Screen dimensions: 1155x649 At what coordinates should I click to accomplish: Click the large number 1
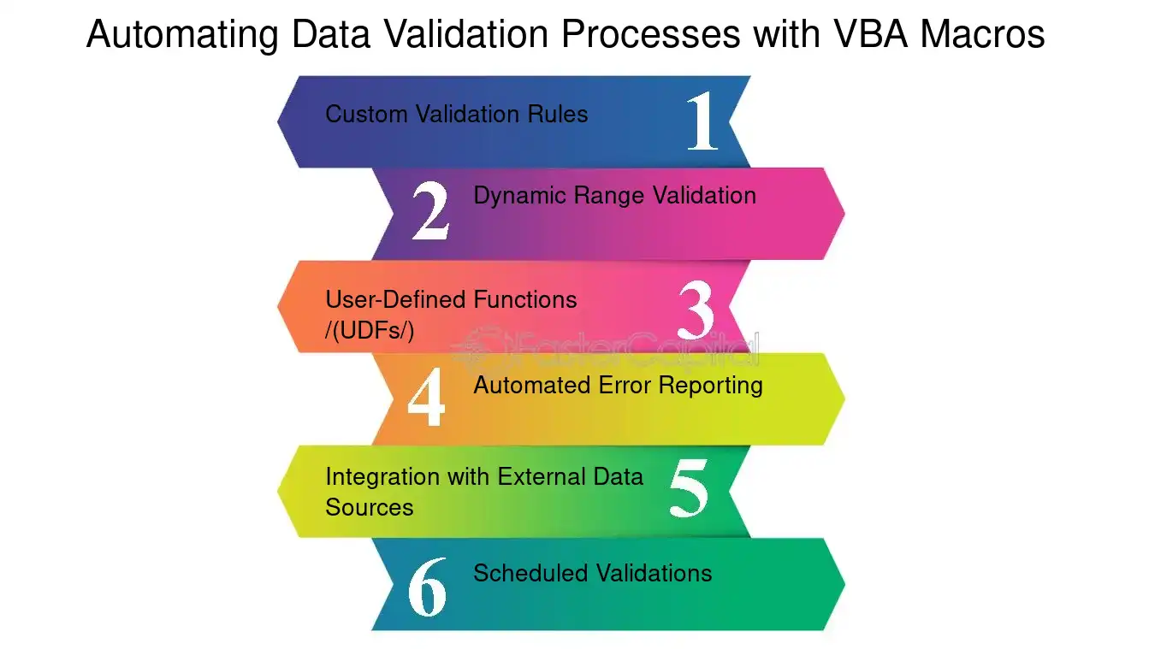(x=703, y=121)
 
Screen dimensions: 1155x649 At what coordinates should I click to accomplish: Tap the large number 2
(x=431, y=210)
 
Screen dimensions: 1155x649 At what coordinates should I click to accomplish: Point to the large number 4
(x=426, y=397)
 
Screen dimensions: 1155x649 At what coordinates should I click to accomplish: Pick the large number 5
(x=689, y=487)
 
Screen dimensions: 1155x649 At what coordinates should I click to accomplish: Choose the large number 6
(x=428, y=587)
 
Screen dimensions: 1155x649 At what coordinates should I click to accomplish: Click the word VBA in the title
(x=870, y=34)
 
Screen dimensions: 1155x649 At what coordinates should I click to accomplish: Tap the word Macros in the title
(x=983, y=34)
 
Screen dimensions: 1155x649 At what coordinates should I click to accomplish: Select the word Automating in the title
(x=182, y=35)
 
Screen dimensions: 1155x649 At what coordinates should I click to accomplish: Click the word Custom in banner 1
(x=367, y=114)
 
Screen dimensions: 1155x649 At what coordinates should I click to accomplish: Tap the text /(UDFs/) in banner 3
(x=370, y=330)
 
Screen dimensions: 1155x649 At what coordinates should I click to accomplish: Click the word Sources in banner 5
(x=370, y=507)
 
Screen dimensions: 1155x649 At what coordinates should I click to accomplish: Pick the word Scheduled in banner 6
(x=530, y=573)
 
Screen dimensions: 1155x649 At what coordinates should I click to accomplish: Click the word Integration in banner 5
(x=382, y=477)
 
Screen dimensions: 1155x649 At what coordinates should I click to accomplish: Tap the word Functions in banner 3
(x=525, y=299)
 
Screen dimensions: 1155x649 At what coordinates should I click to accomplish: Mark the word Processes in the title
(x=651, y=34)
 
